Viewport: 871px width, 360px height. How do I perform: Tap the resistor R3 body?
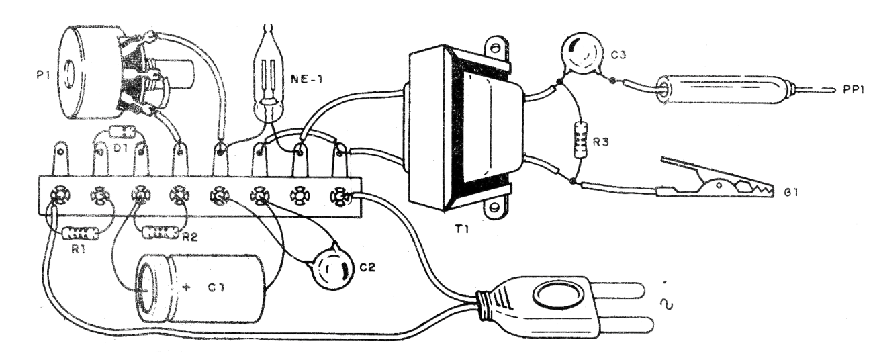(x=578, y=139)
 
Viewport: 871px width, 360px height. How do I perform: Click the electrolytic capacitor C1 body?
(x=201, y=289)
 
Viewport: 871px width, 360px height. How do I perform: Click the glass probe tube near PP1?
(x=722, y=89)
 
